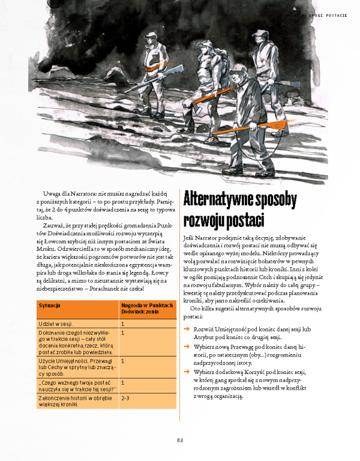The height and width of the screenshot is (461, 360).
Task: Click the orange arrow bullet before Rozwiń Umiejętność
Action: (x=187, y=330)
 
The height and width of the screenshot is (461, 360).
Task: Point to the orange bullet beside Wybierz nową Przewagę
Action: (x=187, y=348)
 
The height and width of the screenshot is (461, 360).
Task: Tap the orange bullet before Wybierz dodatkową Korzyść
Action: (x=187, y=372)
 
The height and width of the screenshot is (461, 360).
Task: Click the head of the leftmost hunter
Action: (x=154, y=38)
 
